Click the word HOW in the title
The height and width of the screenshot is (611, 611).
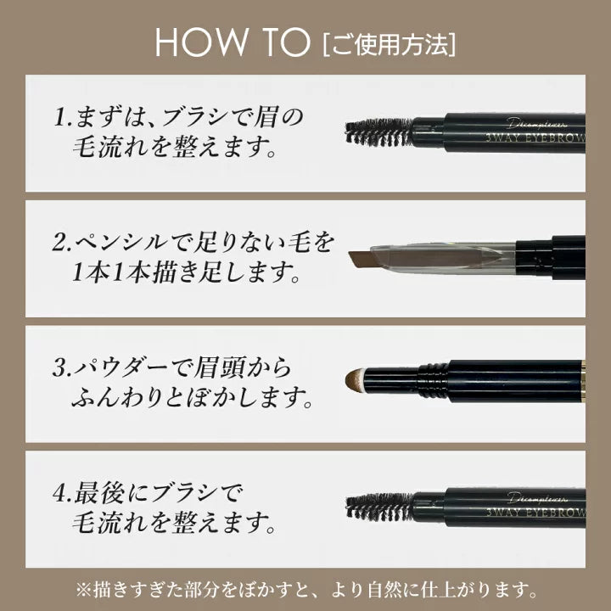click(x=201, y=42)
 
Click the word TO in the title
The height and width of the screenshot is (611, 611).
click(x=287, y=42)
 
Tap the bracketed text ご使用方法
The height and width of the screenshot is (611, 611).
click(x=390, y=45)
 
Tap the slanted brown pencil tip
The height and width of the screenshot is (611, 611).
click(x=363, y=260)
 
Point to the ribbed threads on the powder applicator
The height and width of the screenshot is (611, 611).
click(x=434, y=380)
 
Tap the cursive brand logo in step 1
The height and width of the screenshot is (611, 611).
click(x=537, y=124)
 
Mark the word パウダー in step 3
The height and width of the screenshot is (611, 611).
click(x=121, y=367)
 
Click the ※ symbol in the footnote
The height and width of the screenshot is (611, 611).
click(x=83, y=591)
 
